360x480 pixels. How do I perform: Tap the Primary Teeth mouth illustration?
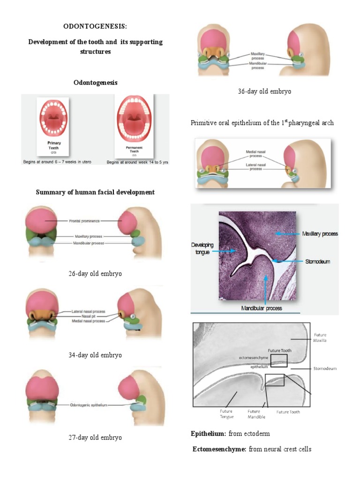(x=54, y=117)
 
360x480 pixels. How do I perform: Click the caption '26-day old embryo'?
(x=95, y=273)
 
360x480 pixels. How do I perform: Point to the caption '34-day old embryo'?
(x=95, y=355)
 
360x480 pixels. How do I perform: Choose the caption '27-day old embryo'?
(x=95, y=437)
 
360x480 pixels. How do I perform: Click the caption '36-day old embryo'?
(x=264, y=91)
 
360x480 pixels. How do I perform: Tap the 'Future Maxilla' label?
(x=321, y=337)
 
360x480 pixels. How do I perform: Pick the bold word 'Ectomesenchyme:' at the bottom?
(x=219, y=449)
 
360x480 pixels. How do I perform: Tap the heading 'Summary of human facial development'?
(x=95, y=192)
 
